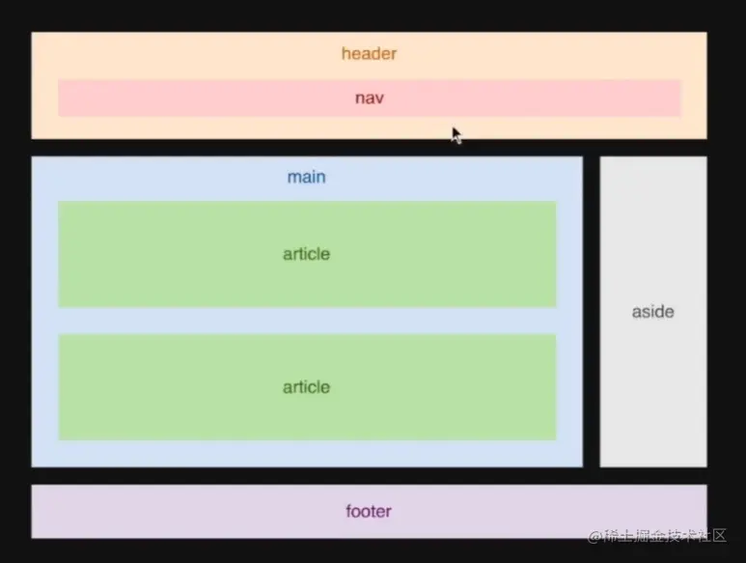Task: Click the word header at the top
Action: coord(369,54)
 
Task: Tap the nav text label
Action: coord(369,98)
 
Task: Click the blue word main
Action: coord(306,178)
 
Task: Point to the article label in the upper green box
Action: coord(306,254)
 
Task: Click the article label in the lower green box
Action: coord(306,387)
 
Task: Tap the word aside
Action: coord(652,312)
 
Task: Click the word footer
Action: coord(369,511)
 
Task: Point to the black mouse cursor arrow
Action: coord(456,134)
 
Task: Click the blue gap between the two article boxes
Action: coord(306,321)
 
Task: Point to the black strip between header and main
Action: coord(290,148)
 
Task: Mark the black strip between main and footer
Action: coord(290,476)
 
